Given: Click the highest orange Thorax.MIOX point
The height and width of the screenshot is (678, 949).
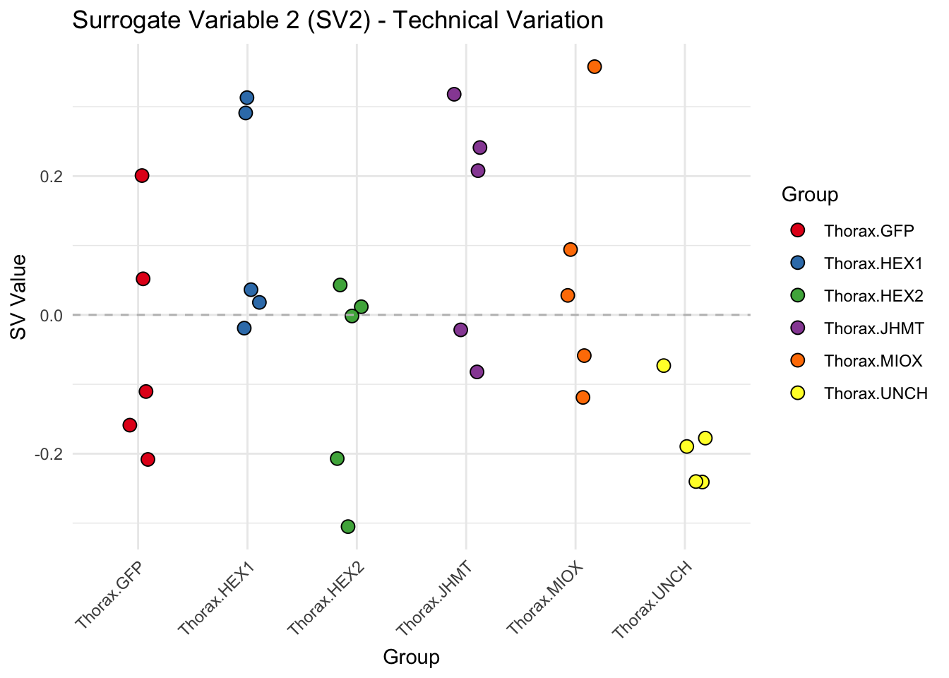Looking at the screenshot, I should pos(595,66).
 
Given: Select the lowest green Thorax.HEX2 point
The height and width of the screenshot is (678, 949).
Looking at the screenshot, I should pos(347,526).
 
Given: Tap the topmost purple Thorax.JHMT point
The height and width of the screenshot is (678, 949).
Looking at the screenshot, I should pos(454,94).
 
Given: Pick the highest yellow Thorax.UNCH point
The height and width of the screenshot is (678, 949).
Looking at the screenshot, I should pos(663,365).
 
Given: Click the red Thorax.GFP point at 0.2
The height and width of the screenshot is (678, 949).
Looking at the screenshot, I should pos(142,175).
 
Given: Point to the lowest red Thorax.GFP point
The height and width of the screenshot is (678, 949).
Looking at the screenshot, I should pos(148,460).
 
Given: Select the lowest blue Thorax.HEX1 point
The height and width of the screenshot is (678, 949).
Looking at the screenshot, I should pos(244,328).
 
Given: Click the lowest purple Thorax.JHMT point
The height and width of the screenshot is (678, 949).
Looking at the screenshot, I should pos(477,372).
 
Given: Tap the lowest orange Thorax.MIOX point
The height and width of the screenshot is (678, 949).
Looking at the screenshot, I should pos(583,398).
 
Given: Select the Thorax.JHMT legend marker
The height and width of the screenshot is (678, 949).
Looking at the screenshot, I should pos(798,328).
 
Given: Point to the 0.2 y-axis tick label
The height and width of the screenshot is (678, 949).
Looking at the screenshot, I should pos(49,176).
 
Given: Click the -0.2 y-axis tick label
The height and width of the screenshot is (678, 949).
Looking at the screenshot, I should pos(47,454).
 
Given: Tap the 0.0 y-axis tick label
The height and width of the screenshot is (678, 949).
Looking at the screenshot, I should pos(49,315).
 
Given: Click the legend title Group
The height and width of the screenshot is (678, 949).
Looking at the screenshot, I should pos(809,194).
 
